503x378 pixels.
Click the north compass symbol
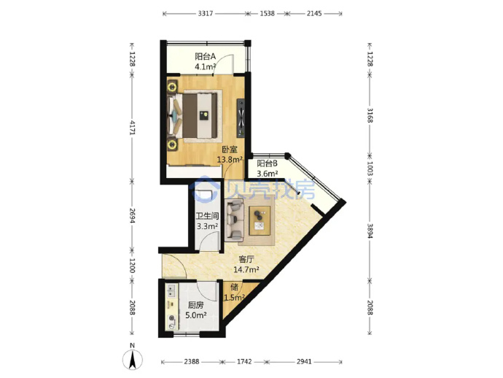coord(132,358)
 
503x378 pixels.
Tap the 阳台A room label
coord(206,56)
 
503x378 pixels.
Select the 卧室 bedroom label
coord(230,150)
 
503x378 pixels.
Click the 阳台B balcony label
coord(268,163)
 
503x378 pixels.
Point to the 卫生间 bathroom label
coord(207,216)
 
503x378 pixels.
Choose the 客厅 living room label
coord(246,259)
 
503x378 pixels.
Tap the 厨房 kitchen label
coord(195,305)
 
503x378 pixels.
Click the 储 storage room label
coord(234,287)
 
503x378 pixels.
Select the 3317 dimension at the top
coord(206,13)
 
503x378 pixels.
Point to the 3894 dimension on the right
coord(370,231)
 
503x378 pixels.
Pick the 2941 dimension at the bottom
coord(304,362)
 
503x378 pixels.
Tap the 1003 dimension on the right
coord(370,169)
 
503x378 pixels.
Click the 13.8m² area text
coord(230,159)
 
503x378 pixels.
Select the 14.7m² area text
coord(246,269)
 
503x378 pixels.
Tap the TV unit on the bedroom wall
coord(241,117)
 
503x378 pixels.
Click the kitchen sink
coord(171,291)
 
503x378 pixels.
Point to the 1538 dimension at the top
coord(268,13)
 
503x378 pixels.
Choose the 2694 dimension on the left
coord(132,215)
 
